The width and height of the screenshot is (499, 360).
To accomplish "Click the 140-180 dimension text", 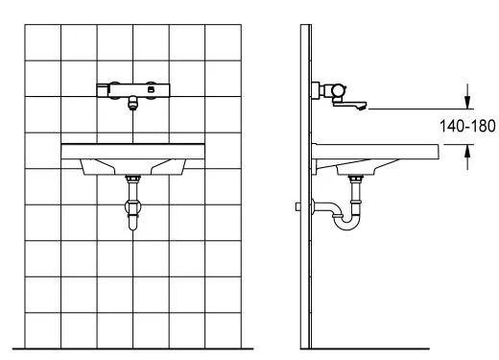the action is pos(467,126).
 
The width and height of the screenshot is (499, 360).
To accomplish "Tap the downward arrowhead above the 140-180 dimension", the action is pos(467,103).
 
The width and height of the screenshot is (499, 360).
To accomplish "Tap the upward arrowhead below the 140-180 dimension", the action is pos(467,151).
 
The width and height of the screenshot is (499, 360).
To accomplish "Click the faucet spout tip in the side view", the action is pos(363,107).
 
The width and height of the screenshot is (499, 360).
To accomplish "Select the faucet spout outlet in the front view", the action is pos(132,104).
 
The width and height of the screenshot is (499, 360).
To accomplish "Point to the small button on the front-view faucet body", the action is pos(150,90).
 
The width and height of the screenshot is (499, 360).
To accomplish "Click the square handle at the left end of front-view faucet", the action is pos(103,90).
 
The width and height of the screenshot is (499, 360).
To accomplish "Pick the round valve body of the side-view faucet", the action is pos(339,90).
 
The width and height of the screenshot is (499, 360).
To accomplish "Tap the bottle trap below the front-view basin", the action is pos(132,214).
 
